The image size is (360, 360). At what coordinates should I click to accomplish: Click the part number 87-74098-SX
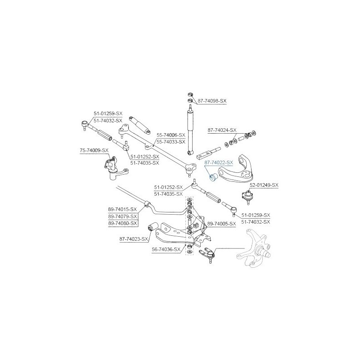212,101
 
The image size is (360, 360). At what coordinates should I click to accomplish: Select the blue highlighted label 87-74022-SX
219,162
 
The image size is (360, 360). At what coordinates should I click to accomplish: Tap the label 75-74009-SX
94,150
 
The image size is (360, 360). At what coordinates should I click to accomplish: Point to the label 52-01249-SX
264,185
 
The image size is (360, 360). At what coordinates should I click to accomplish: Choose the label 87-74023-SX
134,239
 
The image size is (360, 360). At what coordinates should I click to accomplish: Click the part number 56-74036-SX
166,249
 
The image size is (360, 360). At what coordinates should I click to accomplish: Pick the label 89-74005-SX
221,224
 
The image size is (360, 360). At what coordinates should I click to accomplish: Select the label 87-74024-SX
222,130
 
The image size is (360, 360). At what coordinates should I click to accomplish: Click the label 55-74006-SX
171,135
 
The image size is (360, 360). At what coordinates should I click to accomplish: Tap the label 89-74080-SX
122,223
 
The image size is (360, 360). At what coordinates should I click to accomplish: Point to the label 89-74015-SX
122,209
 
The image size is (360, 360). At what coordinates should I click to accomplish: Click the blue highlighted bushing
214,177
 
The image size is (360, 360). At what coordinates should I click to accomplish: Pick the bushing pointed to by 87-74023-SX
152,226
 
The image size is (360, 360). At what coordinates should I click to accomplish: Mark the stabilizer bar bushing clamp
147,204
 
